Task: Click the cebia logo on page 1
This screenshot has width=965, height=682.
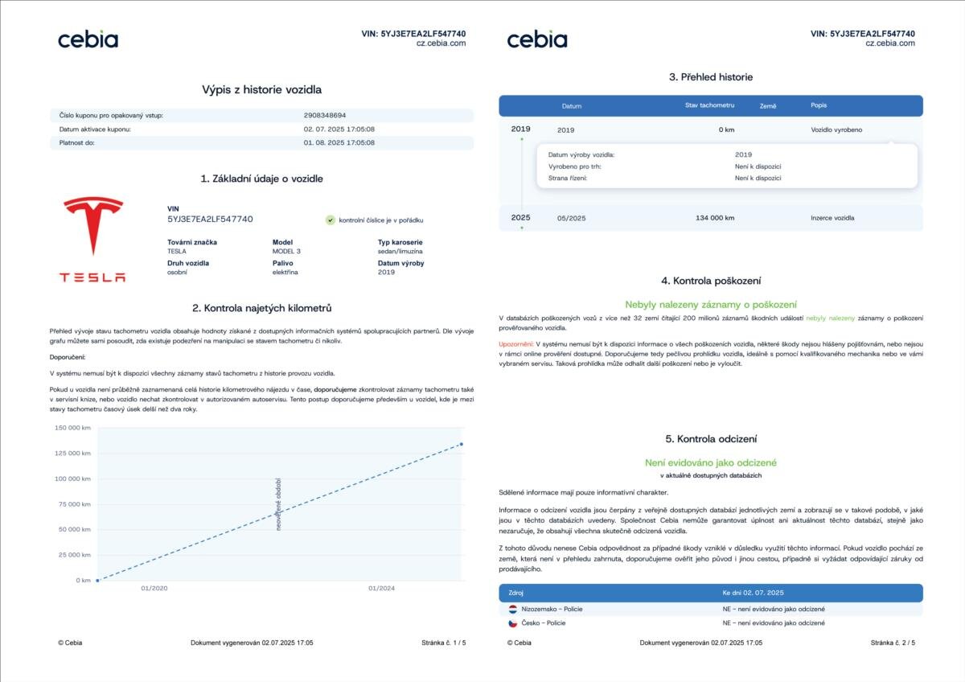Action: [88, 39]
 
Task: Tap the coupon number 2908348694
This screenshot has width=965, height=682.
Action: [325, 116]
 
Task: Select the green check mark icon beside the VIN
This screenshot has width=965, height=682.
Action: [331, 220]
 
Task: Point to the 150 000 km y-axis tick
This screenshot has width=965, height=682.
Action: [72, 428]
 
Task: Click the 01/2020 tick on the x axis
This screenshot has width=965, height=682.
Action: [154, 589]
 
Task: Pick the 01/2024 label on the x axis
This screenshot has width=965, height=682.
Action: [382, 589]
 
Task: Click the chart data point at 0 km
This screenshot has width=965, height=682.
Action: [97, 580]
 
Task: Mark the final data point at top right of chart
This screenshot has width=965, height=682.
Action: [461, 444]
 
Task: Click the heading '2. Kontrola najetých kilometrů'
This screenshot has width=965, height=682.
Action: [261, 308]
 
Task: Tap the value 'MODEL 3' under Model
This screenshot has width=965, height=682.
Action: [286, 251]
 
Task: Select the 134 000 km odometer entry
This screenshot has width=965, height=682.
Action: [716, 218]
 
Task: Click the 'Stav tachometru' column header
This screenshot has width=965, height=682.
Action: [709, 105]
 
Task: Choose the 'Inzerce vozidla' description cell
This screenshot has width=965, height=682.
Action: [832, 218]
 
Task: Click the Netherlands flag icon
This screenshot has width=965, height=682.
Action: [512, 609]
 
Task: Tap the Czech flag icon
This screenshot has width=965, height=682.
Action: [512, 623]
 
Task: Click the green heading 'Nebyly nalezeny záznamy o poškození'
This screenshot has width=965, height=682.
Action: [711, 305]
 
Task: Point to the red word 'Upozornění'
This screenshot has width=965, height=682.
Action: [515, 343]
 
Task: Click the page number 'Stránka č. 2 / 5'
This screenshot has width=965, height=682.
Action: [893, 643]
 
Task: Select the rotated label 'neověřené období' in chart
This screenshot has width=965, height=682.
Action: [278, 504]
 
